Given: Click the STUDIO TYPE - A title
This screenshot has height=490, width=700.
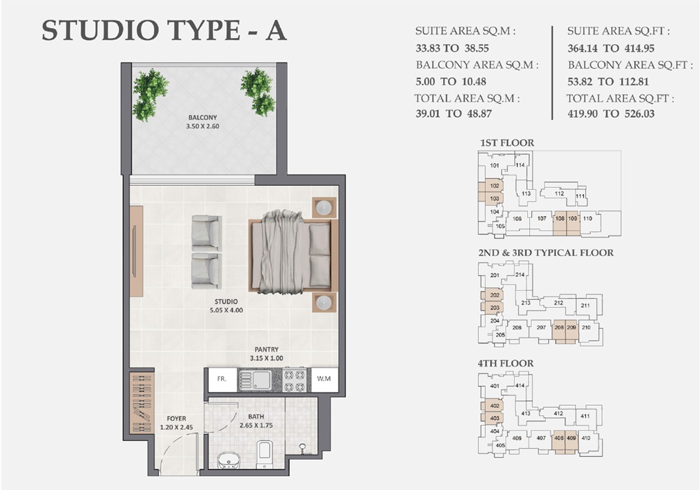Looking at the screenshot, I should (x=164, y=32).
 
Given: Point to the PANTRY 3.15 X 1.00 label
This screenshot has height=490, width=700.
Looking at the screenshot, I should (x=267, y=354).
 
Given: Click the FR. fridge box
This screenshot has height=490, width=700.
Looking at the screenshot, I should (x=221, y=379).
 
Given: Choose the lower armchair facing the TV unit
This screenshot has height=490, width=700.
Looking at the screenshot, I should (x=206, y=270).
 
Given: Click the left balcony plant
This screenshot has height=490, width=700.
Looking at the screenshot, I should (x=149, y=93).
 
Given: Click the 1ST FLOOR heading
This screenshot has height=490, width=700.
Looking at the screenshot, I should (x=507, y=143).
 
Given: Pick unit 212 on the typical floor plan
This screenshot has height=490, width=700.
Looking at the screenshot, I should (x=559, y=303).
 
